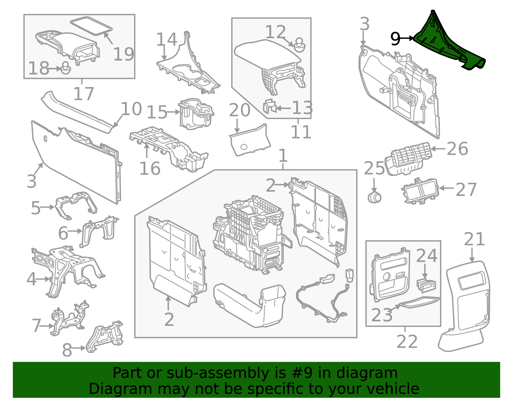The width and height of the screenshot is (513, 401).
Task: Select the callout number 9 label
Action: click(x=395, y=39)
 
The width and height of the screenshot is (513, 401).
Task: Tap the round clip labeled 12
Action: click(x=299, y=45)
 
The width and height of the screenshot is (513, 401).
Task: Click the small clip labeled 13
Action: click(x=269, y=107)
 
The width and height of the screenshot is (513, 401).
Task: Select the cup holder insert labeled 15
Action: click(x=196, y=114)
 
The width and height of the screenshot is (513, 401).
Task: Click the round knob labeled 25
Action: click(x=374, y=197)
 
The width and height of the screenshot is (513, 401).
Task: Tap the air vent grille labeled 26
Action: click(x=408, y=159)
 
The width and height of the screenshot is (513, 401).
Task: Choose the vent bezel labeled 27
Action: click(x=420, y=191)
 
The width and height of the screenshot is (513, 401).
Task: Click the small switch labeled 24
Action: click(x=426, y=285)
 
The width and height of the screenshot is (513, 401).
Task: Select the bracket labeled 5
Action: click(x=76, y=205)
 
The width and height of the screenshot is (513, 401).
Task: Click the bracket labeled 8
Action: click(x=105, y=337)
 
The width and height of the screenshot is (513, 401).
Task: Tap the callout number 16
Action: click(x=150, y=169)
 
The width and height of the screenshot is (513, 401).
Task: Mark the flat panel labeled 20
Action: click(x=250, y=140)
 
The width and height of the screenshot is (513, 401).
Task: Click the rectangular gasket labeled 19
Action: click(x=91, y=26)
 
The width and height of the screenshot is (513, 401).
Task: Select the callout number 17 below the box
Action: click(x=84, y=94)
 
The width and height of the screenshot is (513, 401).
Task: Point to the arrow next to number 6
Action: click(x=75, y=231)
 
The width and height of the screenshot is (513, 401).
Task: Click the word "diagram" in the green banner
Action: click(x=367, y=373)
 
